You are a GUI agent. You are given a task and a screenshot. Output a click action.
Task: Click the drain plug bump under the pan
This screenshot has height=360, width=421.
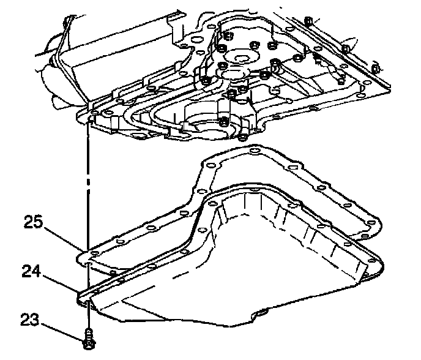pos(263,314)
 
